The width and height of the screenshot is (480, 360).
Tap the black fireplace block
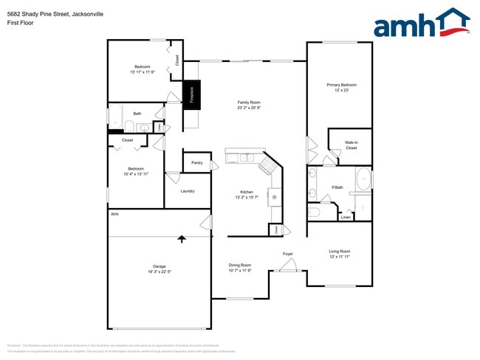click(x=191, y=94)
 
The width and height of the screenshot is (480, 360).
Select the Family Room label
click(x=249, y=103)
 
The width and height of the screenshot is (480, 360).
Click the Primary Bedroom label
click(x=341, y=85)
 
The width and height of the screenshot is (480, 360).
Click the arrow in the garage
click(x=182, y=238)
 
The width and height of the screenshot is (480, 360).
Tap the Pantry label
click(x=196, y=162)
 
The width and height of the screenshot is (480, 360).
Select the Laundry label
click(x=188, y=191)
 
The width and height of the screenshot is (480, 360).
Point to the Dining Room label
click(x=240, y=265)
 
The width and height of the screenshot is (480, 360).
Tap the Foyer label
click(x=288, y=254)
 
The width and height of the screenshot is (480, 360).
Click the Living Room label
click(x=339, y=252)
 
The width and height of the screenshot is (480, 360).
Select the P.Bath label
click(x=337, y=187)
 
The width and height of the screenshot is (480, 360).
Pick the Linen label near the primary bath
click(x=346, y=217)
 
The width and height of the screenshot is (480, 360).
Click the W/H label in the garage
click(x=114, y=214)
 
